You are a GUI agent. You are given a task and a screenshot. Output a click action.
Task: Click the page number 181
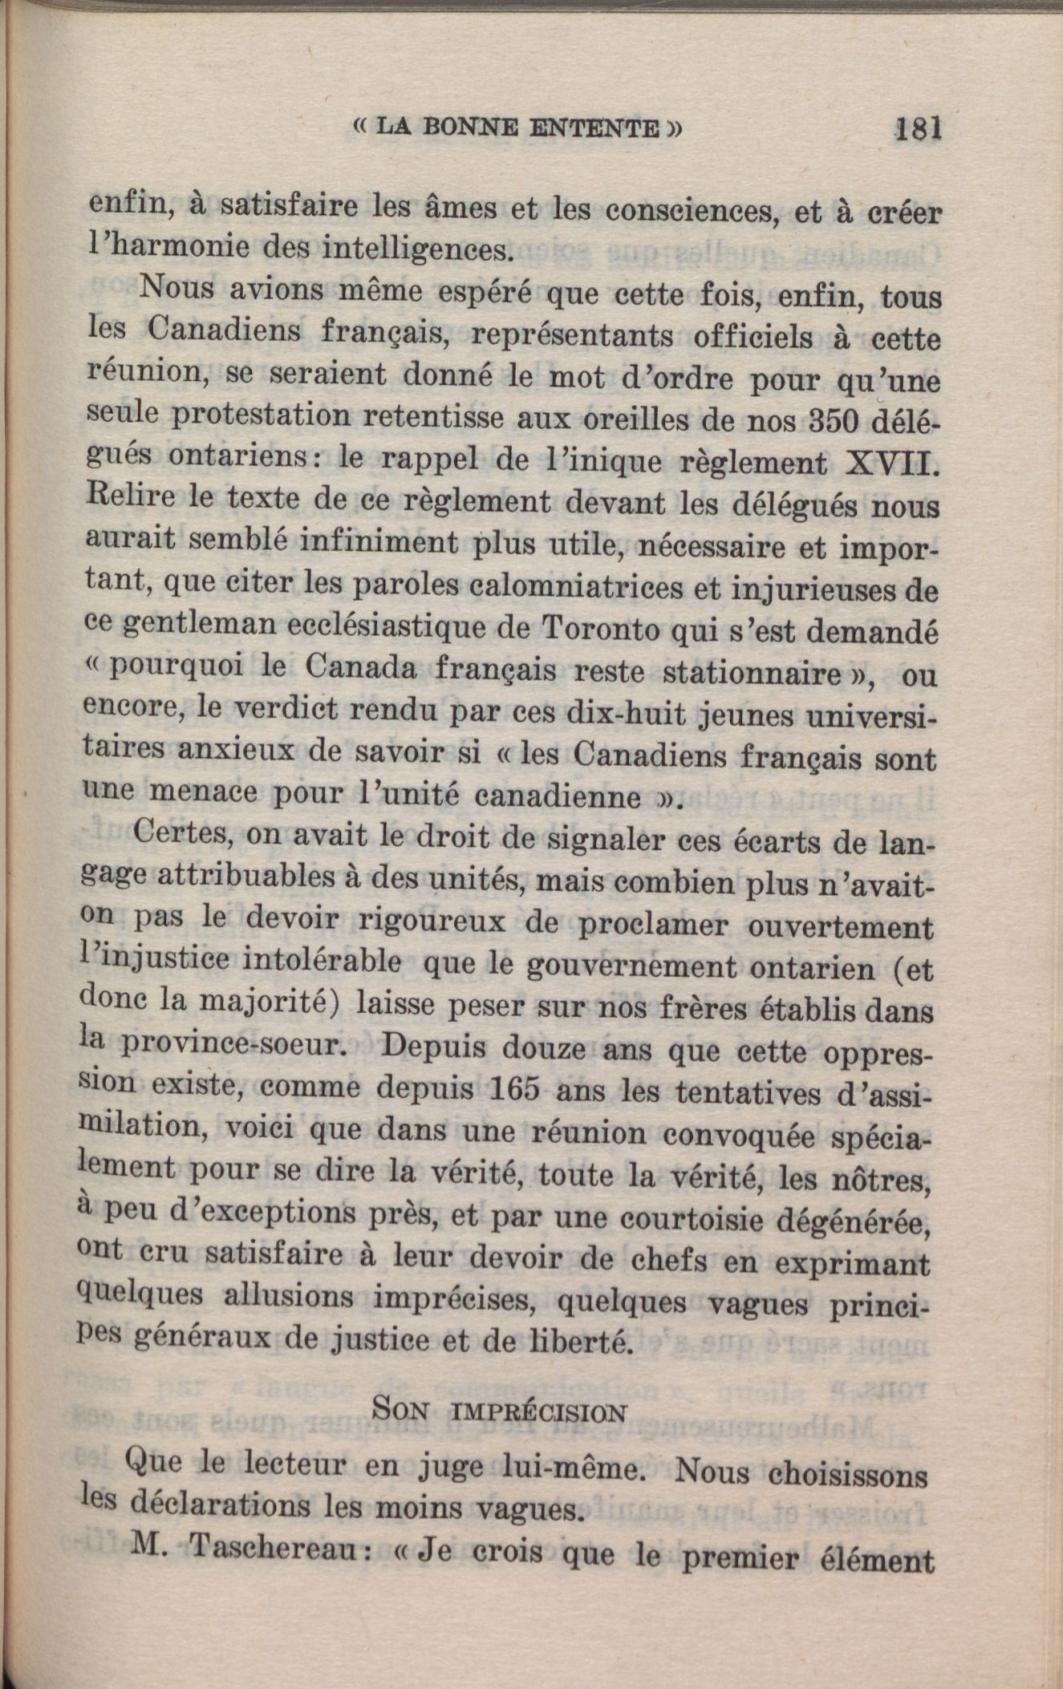(917, 128)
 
